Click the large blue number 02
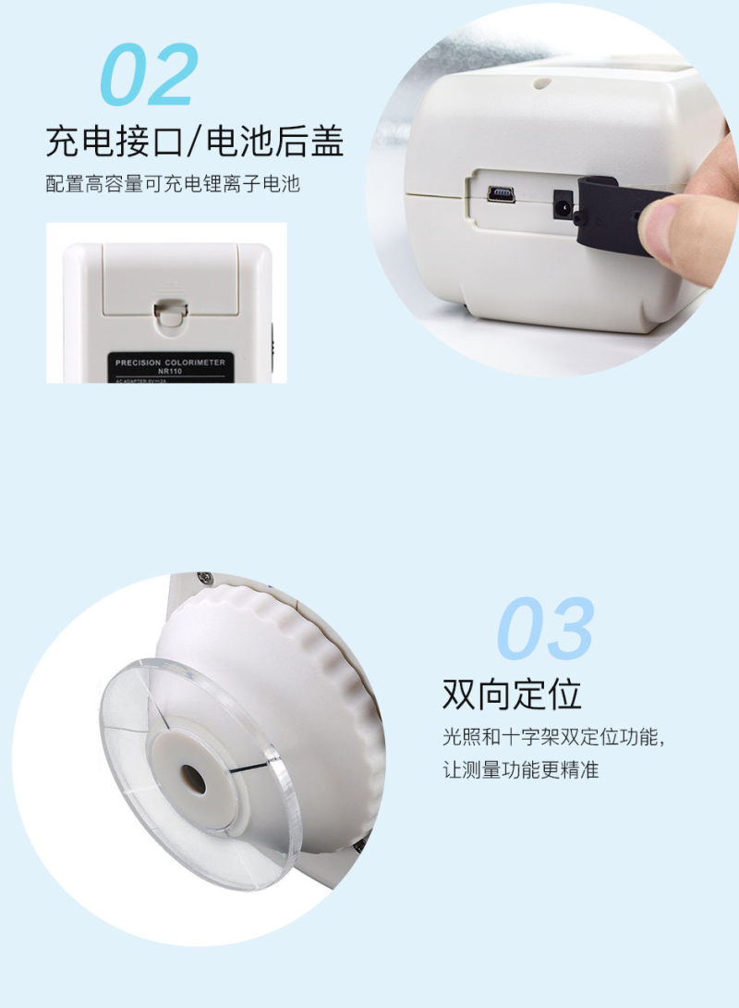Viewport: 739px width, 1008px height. [148, 76]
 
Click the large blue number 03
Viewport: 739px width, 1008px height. [545, 630]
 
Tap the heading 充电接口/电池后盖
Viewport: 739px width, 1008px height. [195, 142]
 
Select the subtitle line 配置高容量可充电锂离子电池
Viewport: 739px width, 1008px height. [173, 184]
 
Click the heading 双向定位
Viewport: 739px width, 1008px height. [512, 694]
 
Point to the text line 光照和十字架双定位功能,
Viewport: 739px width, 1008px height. [554, 738]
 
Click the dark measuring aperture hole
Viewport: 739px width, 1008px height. [193, 779]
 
